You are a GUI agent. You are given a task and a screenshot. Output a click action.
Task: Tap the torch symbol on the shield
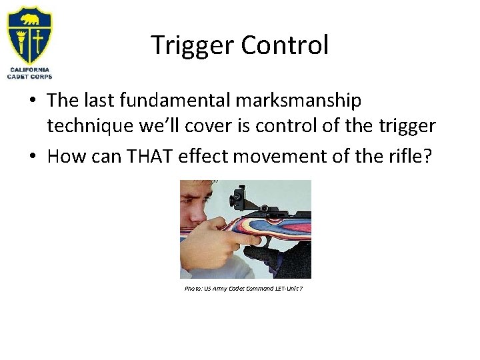tap(21, 41)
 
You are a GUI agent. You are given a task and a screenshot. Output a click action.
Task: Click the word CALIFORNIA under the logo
tap(29, 70)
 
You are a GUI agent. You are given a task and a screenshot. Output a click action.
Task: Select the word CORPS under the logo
tap(41, 77)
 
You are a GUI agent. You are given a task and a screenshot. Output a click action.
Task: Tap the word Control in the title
tap(285, 45)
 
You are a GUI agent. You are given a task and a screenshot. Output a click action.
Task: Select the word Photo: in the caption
tap(194, 289)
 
